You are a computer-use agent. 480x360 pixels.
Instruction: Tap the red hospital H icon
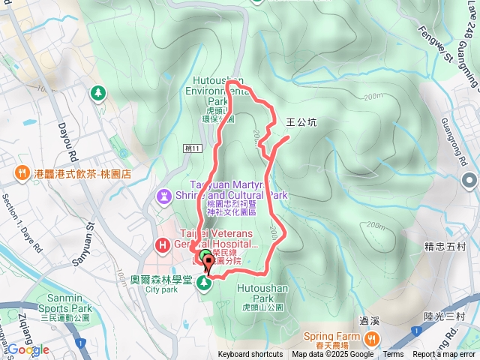[x=162, y=244]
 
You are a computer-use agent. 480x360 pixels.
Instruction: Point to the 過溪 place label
[x=369, y=320]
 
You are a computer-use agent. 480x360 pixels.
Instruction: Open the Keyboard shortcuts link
[x=250, y=355]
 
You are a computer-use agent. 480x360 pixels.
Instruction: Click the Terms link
[x=393, y=355]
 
